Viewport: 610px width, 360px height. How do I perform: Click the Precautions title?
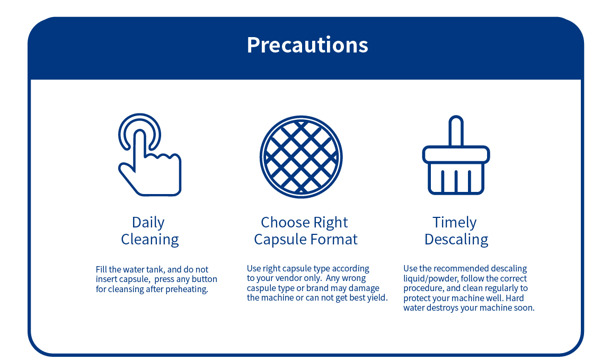307,45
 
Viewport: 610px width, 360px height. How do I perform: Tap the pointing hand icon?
149,155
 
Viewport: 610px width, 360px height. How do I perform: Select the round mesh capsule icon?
301,157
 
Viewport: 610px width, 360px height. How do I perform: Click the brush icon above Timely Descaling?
456,155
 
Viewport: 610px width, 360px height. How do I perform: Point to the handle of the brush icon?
456,131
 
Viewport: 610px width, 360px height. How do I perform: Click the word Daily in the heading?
148,223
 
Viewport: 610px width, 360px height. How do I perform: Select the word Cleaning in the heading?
150,239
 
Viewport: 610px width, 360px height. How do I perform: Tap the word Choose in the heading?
285,223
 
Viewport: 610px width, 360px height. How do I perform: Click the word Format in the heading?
334,239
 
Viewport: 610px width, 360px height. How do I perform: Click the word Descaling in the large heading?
456,239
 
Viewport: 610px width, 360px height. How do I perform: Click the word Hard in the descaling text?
515,298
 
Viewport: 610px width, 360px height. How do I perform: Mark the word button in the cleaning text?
204,279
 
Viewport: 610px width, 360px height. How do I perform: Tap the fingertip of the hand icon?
140,134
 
